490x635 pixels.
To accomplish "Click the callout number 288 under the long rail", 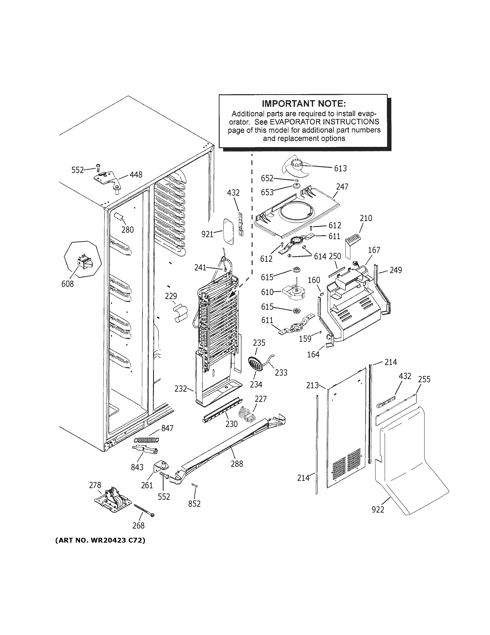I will pyautogui.click(x=237, y=464).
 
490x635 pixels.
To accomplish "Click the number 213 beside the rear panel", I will pyautogui.click(x=312, y=385).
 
